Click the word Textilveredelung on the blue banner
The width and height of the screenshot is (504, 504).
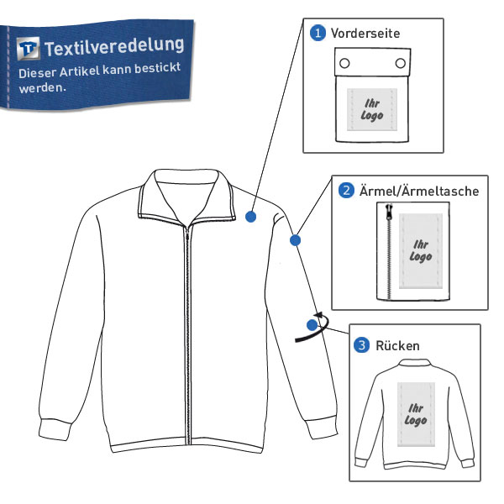114,46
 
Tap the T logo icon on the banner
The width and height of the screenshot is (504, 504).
29,48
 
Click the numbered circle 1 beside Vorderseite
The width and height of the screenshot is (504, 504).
318,33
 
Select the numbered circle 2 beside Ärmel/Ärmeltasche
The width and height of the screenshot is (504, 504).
346,191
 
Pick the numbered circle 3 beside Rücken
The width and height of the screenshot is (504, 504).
361,345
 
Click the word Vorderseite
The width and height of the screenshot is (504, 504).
365,33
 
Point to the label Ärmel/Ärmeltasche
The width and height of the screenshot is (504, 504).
419,191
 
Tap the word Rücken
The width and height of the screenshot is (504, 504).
397,345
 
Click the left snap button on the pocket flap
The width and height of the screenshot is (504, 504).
344,63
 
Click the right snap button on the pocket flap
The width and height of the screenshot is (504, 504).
401,63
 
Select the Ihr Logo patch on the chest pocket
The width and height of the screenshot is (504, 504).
372,109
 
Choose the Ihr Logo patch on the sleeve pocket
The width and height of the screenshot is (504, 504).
421,251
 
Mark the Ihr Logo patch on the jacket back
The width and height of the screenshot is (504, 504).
416,414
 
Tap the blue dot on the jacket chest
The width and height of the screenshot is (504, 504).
250,217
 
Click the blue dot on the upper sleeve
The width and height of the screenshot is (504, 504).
295,240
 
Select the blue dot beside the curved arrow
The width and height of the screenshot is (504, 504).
312,325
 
